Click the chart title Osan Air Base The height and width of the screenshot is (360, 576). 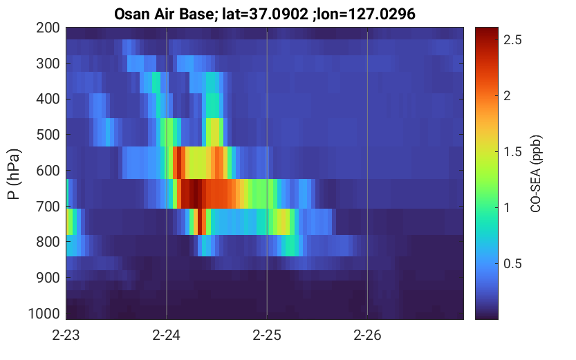coord(162,15)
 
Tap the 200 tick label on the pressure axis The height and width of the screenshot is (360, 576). coord(48,28)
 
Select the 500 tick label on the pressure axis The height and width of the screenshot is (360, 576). coord(48,135)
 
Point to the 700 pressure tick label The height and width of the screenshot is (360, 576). coord(48,207)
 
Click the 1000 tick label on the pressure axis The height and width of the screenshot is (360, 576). coord(44,314)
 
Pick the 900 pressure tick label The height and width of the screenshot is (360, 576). coord(48,278)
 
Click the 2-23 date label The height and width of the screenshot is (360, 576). coord(66,335)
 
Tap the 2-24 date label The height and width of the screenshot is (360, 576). coord(167,335)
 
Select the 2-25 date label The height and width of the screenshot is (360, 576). coord(267,335)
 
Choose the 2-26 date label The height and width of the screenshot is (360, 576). coord(367,335)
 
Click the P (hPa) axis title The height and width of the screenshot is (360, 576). coord(14,174)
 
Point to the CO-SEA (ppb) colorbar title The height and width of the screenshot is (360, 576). coord(536,173)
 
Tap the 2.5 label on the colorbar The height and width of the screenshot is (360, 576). coord(512,39)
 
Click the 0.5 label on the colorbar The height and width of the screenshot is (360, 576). coord(512,263)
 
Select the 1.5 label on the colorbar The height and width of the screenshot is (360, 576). coord(512,151)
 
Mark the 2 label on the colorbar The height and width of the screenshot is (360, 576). coord(508,96)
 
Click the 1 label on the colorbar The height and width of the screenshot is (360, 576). coord(507,208)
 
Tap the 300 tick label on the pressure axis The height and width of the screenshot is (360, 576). coord(48,64)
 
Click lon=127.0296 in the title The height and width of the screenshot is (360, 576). coord(364,15)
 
